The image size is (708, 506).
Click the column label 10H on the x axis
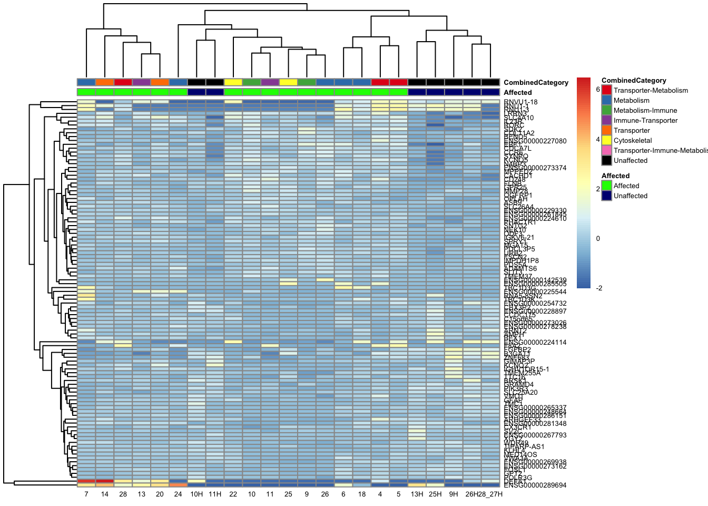click(196, 494)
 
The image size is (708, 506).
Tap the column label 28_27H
click(490, 494)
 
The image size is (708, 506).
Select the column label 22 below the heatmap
click(233, 494)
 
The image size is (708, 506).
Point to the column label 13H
click(417, 494)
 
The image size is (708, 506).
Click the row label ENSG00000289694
click(535, 485)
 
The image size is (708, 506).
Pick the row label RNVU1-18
click(520, 102)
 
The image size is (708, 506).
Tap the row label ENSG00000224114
click(535, 343)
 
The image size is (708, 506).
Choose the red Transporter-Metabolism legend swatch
click(607, 91)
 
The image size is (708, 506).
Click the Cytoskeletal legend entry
click(632, 141)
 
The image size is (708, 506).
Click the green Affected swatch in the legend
click(607, 186)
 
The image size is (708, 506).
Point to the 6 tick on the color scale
click(598, 90)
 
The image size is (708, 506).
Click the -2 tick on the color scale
click(598, 288)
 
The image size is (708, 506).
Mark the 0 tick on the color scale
click(598, 239)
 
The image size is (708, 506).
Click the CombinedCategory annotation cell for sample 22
click(233, 82)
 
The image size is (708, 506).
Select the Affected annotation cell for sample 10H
click(196, 92)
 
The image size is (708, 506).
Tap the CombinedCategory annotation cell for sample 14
click(105, 82)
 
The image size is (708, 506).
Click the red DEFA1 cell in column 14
click(105, 481)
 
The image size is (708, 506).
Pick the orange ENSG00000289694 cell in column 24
click(178, 485)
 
